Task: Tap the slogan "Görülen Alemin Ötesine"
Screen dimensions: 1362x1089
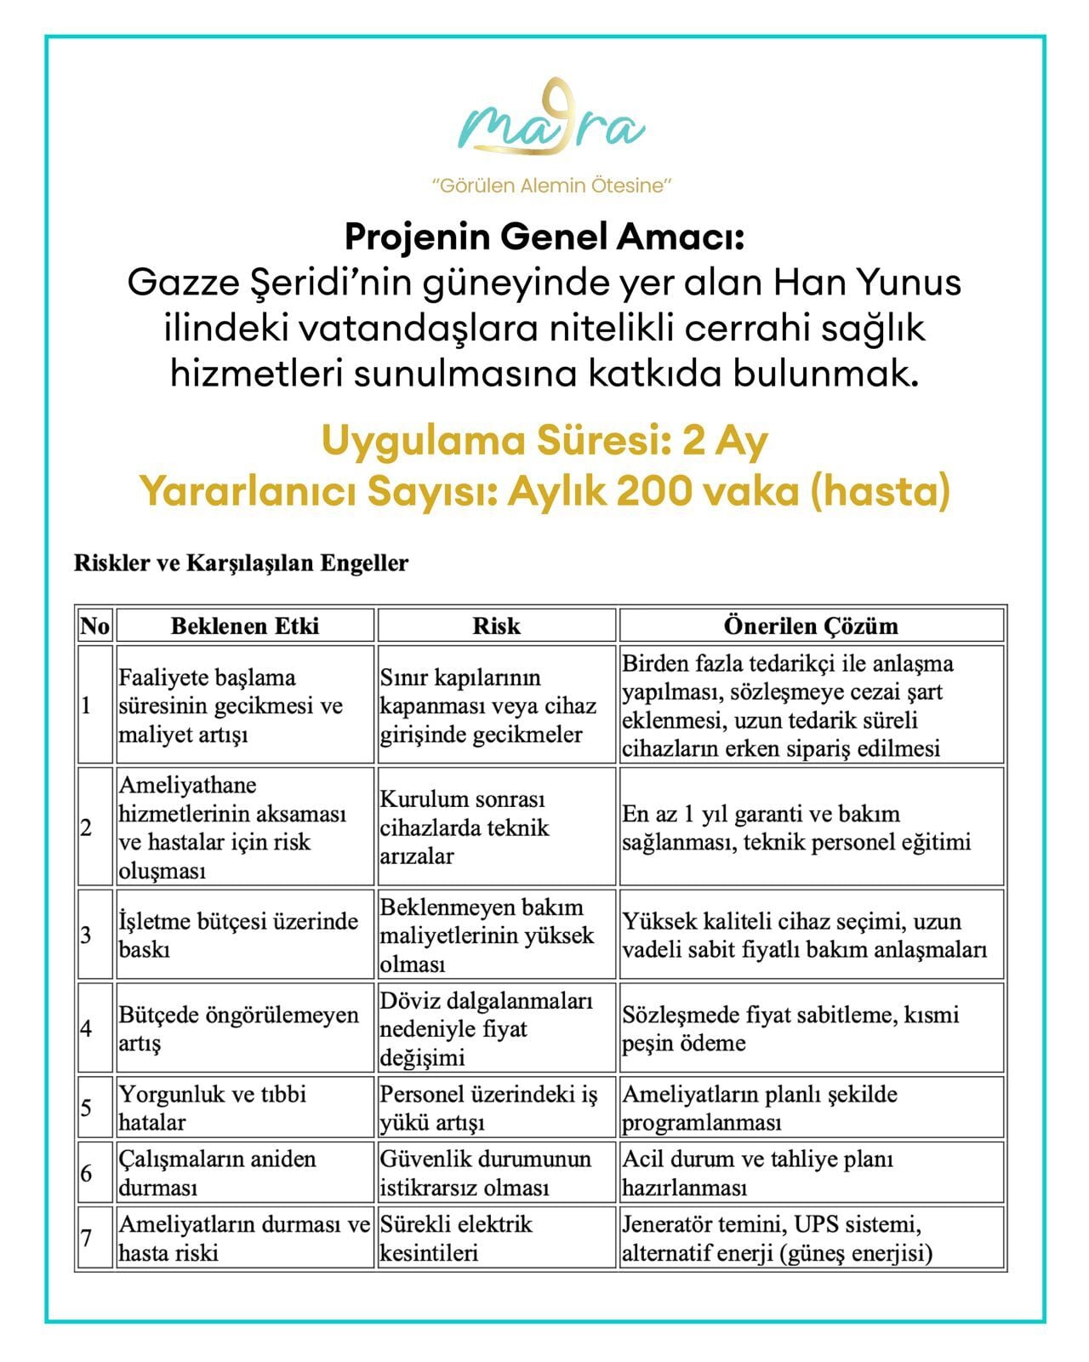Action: pyautogui.click(x=552, y=185)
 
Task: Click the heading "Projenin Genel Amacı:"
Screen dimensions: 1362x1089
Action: pyautogui.click(x=544, y=237)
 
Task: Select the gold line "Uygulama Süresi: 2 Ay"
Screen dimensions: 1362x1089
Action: pyautogui.click(x=544, y=441)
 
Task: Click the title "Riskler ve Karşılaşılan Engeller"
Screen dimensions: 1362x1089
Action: pyautogui.click(x=242, y=563)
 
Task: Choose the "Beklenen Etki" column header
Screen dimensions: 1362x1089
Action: pyautogui.click(x=245, y=626)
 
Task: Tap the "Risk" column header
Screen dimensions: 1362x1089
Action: pyautogui.click(x=496, y=626)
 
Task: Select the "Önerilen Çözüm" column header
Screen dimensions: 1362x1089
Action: pyautogui.click(x=811, y=626)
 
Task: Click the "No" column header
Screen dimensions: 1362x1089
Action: pyautogui.click(x=94, y=626)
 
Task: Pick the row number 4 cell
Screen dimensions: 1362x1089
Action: pyautogui.click(x=94, y=1027)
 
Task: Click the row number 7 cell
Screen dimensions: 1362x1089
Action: pyautogui.click(x=94, y=1238)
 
